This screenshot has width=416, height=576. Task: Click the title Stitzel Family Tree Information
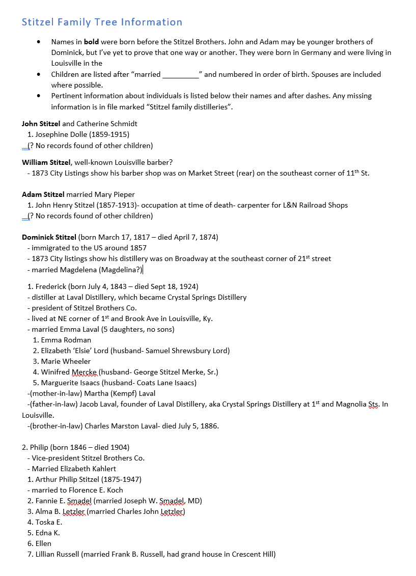pos(102,22)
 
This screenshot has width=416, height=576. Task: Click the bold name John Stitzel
pos(41,124)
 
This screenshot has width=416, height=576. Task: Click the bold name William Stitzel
pos(46,162)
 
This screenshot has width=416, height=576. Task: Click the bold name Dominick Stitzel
pos(49,237)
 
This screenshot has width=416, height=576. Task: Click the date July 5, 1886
pos(198,426)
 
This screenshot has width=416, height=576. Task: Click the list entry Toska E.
pos(48,522)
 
